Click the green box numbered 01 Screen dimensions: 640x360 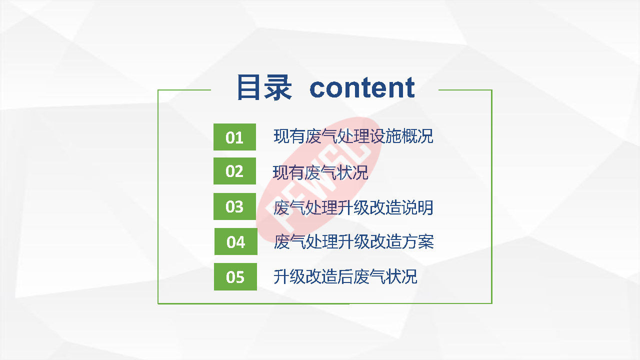[234, 137]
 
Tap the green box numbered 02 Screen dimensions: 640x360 [234, 171]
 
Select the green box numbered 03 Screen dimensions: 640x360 [234, 206]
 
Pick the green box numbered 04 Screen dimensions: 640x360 [235, 241]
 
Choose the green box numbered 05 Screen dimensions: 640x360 [235, 276]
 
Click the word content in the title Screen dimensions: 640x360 [362, 87]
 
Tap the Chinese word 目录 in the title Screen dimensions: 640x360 [264, 87]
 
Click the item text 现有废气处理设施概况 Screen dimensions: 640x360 [353, 136]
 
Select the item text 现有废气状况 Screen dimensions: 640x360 [320, 172]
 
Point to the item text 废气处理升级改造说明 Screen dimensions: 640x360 [353, 207]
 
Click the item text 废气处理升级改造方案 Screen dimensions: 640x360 [353, 241]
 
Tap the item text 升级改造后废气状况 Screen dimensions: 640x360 [345, 276]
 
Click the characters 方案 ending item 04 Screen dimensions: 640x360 [418, 241]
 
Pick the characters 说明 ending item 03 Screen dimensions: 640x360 [417, 207]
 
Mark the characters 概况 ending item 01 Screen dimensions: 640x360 [417, 136]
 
